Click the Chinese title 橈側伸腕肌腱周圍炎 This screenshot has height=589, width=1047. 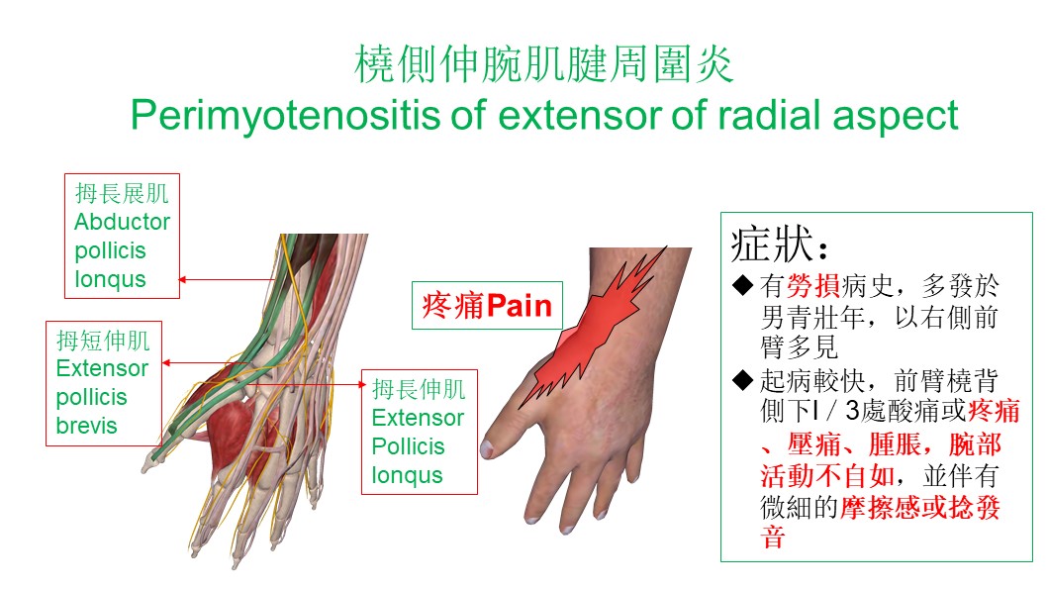[x=543, y=64]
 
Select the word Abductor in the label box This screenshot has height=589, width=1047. [x=122, y=222]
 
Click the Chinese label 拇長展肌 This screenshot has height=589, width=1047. [x=122, y=193]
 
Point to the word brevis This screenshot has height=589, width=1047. [x=86, y=426]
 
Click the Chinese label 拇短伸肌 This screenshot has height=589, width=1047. [x=103, y=341]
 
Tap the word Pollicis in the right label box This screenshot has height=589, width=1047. [x=408, y=446]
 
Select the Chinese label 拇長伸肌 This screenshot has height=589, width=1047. [x=419, y=389]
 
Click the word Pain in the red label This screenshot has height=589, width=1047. [x=520, y=306]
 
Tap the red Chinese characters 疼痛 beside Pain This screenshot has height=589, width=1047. [x=453, y=306]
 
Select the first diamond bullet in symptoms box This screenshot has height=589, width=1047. [x=742, y=286]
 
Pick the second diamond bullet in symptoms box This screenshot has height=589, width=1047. [x=742, y=381]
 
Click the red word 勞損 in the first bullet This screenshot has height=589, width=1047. [x=813, y=286]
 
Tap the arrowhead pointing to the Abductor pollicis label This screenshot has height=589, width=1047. [x=182, y=280]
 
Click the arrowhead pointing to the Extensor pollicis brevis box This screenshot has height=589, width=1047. [x=166, y=363]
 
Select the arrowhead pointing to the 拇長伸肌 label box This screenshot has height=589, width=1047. [x=362, y=384]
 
